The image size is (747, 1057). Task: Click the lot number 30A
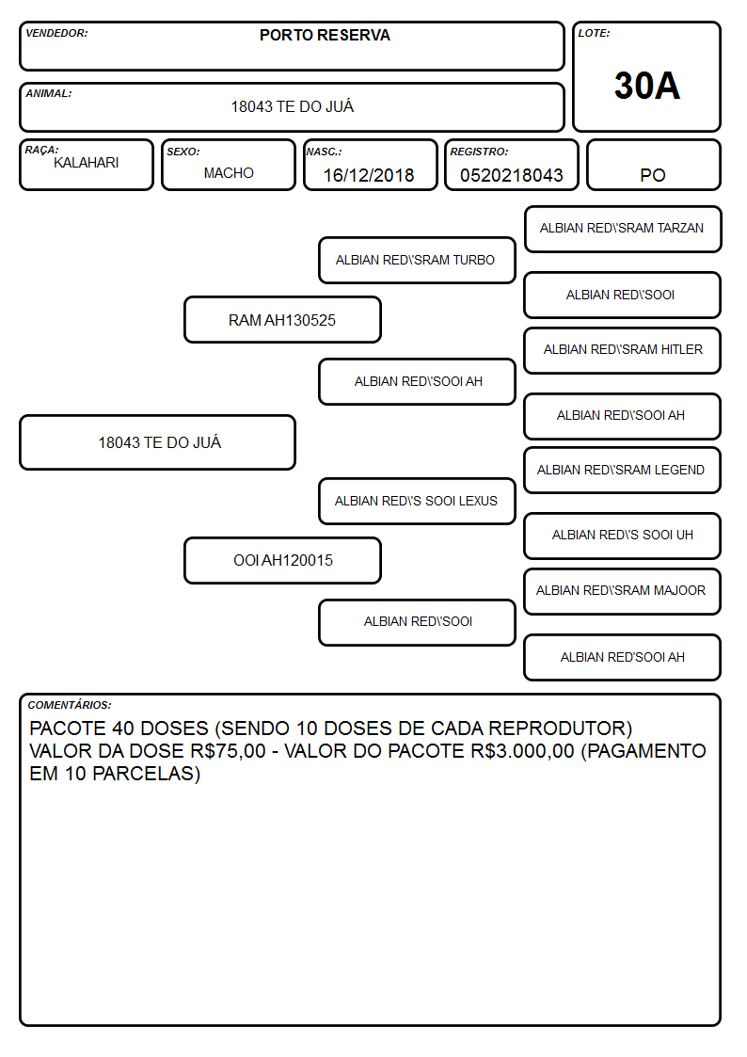[646, 86]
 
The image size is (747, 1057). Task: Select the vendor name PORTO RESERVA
[325, 35]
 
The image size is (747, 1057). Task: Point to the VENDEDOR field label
[56, 33]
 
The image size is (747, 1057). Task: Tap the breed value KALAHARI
[87, 163]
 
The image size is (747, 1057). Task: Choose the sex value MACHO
[229, 173]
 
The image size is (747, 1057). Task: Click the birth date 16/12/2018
[369, 175]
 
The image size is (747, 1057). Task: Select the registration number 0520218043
[511, 175]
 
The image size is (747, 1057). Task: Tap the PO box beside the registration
[653, 165]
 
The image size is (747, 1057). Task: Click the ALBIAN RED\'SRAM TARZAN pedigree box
[623, 230]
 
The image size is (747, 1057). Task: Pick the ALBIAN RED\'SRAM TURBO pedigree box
[417, 260]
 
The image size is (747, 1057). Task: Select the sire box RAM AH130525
[283, 319]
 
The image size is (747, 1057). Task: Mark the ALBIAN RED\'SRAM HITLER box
[623, 350]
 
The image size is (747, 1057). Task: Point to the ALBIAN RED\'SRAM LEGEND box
[623, 471]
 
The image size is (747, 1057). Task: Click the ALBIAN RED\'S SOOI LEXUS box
[417, 501]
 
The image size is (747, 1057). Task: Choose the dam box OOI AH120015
[283, 560]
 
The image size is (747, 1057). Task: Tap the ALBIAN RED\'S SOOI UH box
[623, 536]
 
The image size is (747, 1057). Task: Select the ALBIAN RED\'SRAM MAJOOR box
[623, 591]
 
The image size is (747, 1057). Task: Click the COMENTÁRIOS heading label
[70, 705]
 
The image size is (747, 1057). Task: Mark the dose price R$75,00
[229, 751]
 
